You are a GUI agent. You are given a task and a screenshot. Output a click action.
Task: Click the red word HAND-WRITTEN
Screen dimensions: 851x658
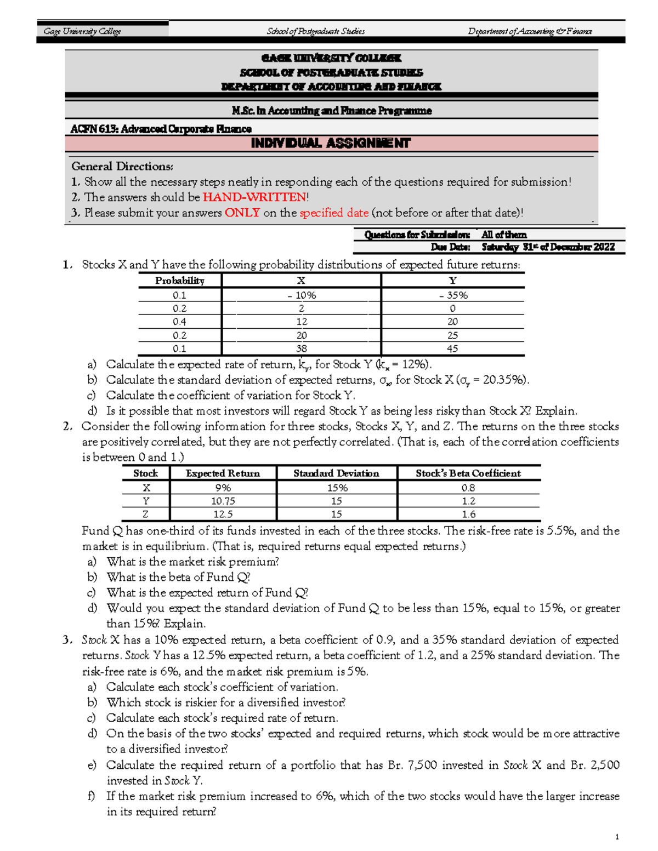pyautogui.click(x=254, y=197)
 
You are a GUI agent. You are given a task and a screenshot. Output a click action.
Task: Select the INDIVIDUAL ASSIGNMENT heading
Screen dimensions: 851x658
pyautogui.click(x=331, y=144)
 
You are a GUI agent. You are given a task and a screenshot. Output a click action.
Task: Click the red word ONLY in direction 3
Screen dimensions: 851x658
pyautogui.click(x=242, y=213)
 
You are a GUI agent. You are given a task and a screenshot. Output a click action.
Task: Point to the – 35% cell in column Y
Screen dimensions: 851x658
pyautogui.click(x=453, y=295)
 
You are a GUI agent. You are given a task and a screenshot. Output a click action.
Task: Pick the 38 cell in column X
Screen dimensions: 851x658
pyautogui.click(x=301, y=349)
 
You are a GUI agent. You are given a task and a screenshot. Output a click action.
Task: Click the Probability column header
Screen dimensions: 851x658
pyautogui.click(x=179, y=281)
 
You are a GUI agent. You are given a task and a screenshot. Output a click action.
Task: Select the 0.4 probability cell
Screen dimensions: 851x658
pyautogui.click(x=179, y=322)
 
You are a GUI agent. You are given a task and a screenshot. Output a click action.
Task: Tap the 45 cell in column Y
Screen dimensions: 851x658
pyautogui.click(x=452, y=349)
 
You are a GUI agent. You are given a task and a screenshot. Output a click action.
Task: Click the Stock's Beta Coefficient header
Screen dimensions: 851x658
pyautogui.click(x=468, y=473)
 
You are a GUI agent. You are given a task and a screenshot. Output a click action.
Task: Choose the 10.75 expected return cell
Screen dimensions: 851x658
pyautogui.click(x=223, y=501)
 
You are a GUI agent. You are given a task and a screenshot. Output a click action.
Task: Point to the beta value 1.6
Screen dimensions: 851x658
pyautogui.click(x=468, y=514)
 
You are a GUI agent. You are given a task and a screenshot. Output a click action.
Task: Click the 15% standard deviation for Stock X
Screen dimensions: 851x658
pyautogui.click(x=337, y=488)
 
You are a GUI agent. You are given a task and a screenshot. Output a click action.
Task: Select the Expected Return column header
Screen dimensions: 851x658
pyautogui.click(x=223, y=473)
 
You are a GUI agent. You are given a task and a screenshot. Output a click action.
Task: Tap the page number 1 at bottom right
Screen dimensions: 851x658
pyautogui.click(x=617, y=837)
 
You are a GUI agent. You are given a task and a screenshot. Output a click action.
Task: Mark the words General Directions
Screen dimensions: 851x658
pyautogui.click(x=122, y=167)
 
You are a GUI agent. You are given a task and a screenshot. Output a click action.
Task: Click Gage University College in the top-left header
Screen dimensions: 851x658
pyautogui.click(x=82, y=31)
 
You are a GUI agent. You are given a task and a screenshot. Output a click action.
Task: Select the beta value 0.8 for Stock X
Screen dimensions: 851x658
pyautogui.click(x=468, y=488)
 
